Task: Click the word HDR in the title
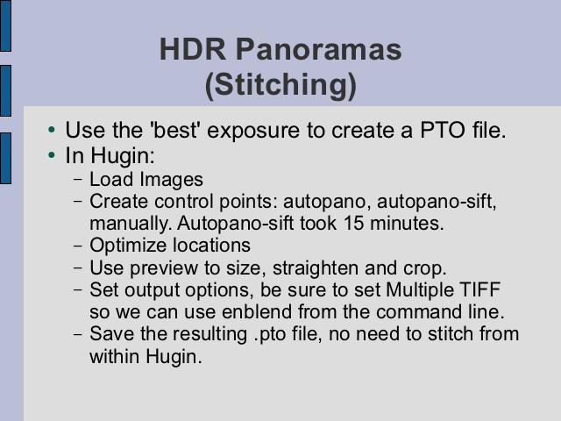193,49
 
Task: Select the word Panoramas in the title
319,49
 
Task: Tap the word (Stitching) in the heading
280,86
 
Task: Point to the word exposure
253,131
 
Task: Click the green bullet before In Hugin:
52,155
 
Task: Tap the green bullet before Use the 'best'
52,130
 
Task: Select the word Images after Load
172,180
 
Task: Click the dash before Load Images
78,180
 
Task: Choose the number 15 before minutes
354,223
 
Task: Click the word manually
128,225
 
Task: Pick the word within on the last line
114,357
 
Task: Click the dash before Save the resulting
78,335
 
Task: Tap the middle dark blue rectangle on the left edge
5,90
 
